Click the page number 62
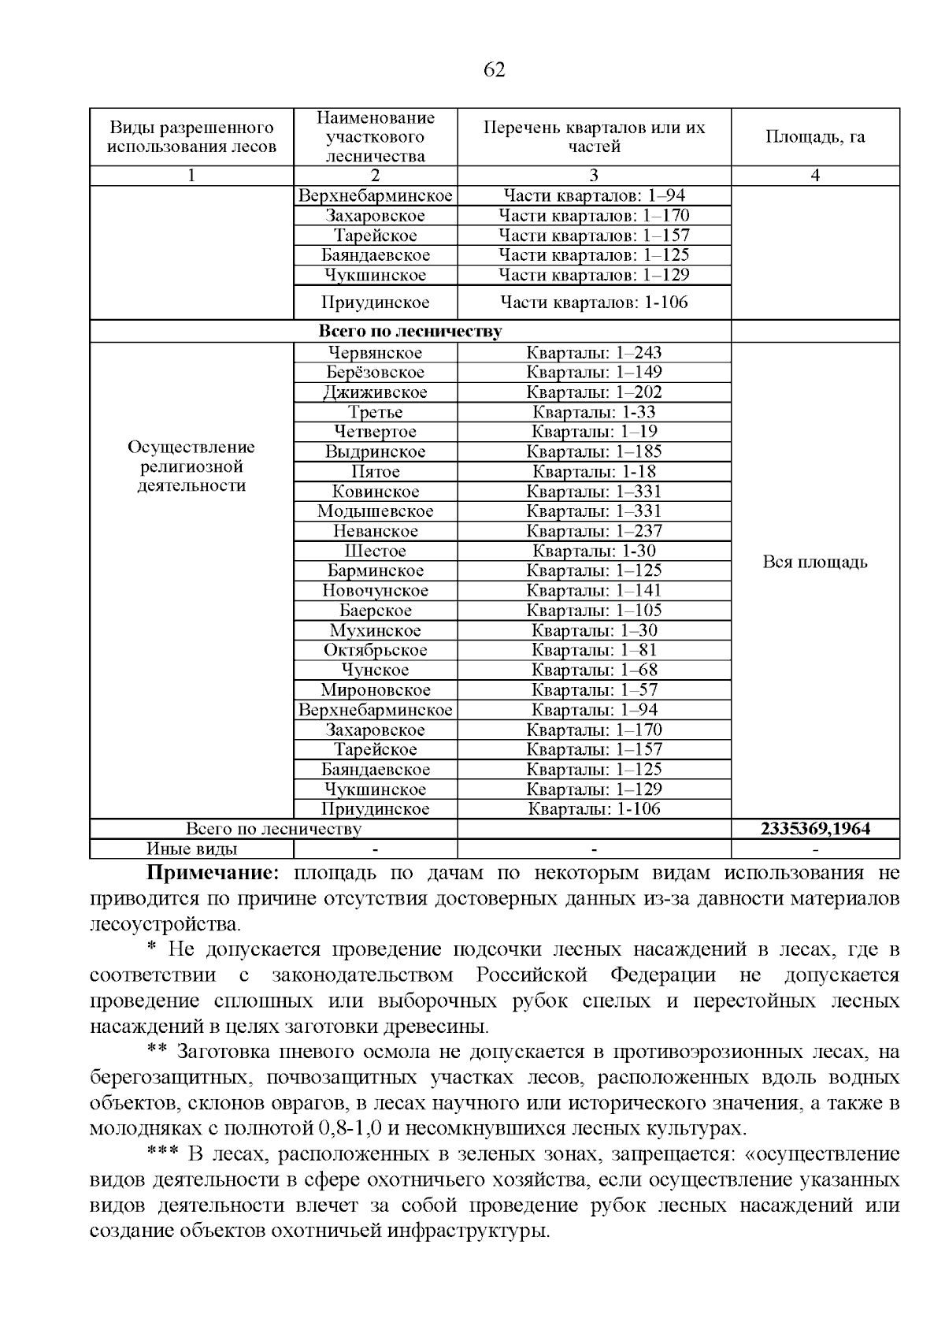coord(493,70)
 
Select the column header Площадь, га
coord(815,137)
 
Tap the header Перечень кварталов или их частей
coord(594,137)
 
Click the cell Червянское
coord(375,353)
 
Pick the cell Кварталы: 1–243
coord(594,353)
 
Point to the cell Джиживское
coord(375,392)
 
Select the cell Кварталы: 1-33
coord(594,412)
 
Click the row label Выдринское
coord(375,452)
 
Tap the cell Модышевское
coord(375,511)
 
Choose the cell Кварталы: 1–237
coord(594,531)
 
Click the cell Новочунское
coord(375,591)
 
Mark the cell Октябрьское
coord(375,650)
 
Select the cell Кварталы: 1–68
coord(594,670)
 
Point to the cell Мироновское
coord(375,690)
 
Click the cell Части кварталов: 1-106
coord(594,303)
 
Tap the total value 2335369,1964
coord(815,829)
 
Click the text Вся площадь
coord(815,563)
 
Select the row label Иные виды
coord(191,849)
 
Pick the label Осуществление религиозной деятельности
coord(191,466)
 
